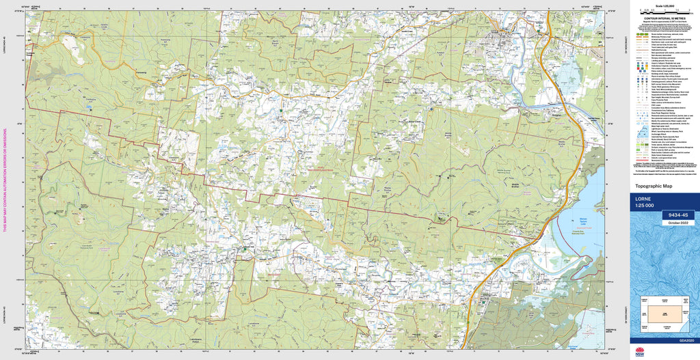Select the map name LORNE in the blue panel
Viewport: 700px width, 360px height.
click(645, 199)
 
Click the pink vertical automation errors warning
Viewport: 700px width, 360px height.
click(6, 178)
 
